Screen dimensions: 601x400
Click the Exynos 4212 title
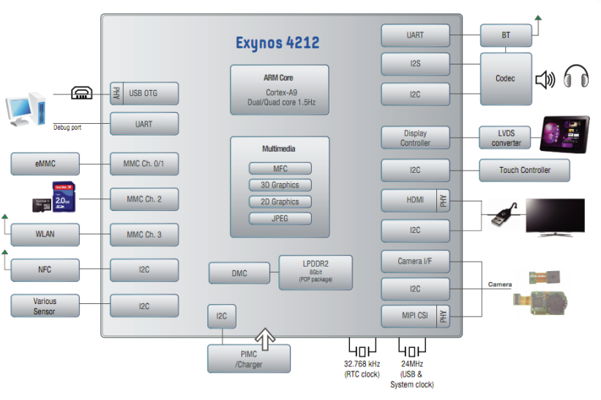click(277, 43)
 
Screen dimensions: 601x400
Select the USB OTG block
click(144, 93)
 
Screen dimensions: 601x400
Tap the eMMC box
click(45, 164)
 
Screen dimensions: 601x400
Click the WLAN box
click(45, 234)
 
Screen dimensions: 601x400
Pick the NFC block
click(45, 270)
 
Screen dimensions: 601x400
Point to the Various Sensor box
click(45, 305)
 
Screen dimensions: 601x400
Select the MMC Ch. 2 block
click(144, 199)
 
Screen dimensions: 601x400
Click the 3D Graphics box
click(280, 185)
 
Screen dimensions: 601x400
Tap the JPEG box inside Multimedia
click(280, 218)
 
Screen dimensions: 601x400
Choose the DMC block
click(239, 273)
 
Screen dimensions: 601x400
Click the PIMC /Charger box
click(249, 359)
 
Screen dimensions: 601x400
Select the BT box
click(506, 35)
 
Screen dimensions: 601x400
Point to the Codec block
click(506, 78)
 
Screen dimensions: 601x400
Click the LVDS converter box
click(505, 138)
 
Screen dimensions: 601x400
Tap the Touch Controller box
click(524, 170)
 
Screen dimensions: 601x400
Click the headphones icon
click(576, 76)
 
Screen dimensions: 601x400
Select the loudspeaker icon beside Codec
click(545, 80)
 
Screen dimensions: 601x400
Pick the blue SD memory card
click(64, 197)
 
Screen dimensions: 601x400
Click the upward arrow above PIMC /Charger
click(265, 339)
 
